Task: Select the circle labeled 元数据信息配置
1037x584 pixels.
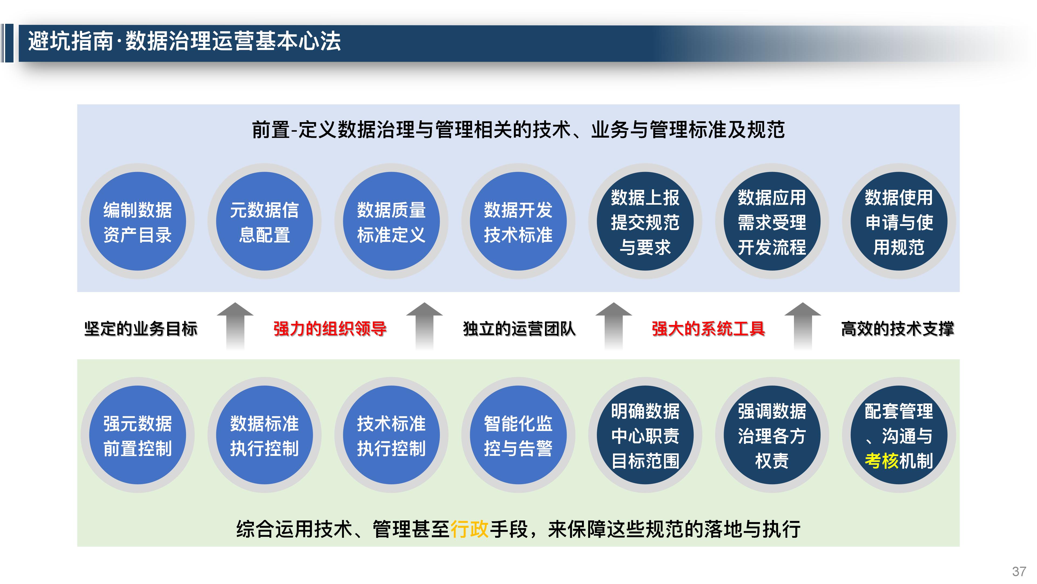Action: tap(264, 221)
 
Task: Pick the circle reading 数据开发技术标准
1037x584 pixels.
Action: tap(518, 221)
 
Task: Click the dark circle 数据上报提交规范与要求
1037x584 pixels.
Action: tap(645, 221)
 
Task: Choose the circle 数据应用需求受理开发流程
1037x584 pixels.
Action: tap(772, 221)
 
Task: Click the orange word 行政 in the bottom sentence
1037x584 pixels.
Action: tap(469, 529)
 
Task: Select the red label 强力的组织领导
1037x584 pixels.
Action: tap(330, 328)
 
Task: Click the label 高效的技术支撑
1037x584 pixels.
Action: tap(897, 328)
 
